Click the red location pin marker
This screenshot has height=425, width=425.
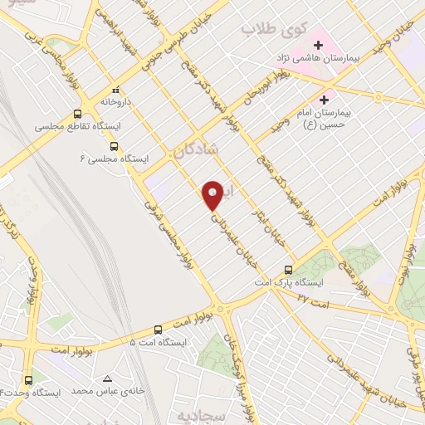click(x=212, y=194)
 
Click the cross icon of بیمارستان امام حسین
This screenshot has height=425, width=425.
click(x=335, y=100)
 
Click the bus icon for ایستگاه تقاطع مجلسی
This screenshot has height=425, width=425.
click(x=77, y=115)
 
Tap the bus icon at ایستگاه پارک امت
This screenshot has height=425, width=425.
click(x=288, y=270)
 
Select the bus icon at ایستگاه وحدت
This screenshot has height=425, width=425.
click(x=32, y=377)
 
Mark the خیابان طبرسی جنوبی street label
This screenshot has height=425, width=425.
click(x=193, y=44)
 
